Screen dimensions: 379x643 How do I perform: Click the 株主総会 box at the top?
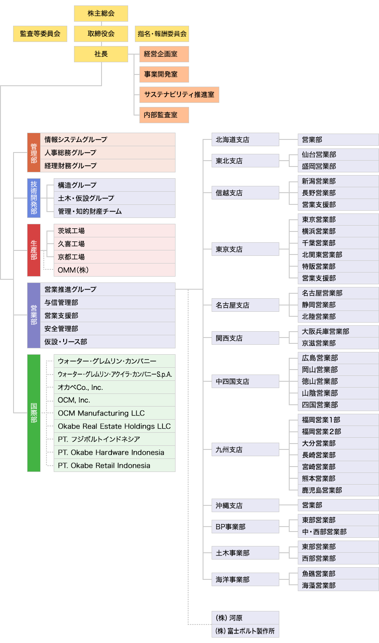point(101,14)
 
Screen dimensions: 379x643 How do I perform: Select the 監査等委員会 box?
point(40,34)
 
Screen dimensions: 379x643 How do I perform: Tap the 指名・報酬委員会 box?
point(162,34)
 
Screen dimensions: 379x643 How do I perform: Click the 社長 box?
point(101,54)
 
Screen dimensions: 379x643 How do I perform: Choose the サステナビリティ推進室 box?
point(179,95)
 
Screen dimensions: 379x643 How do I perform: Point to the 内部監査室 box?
point(164,115)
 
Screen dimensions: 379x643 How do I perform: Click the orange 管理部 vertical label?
point(34,153)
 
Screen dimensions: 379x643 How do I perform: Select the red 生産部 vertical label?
point(34,250)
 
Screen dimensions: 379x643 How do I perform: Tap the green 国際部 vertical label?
point(34,413)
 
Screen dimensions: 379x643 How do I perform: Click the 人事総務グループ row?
point(108,153)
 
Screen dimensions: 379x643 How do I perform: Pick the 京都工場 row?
point(115,257)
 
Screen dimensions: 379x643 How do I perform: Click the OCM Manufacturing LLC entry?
point(115,413)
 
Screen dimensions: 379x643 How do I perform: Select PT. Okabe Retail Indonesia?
point(115,465)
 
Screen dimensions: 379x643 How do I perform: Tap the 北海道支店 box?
point(245,139)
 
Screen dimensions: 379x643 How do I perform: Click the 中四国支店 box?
point(245,381)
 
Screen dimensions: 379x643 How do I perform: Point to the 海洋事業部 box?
point(245,579)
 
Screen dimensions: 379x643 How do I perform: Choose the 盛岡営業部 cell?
point(338,167)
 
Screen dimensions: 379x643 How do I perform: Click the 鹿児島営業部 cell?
point(338,490)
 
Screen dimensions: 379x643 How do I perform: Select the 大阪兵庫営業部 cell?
point(338,332)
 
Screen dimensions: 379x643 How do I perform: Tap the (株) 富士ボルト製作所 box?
point(245,631)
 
